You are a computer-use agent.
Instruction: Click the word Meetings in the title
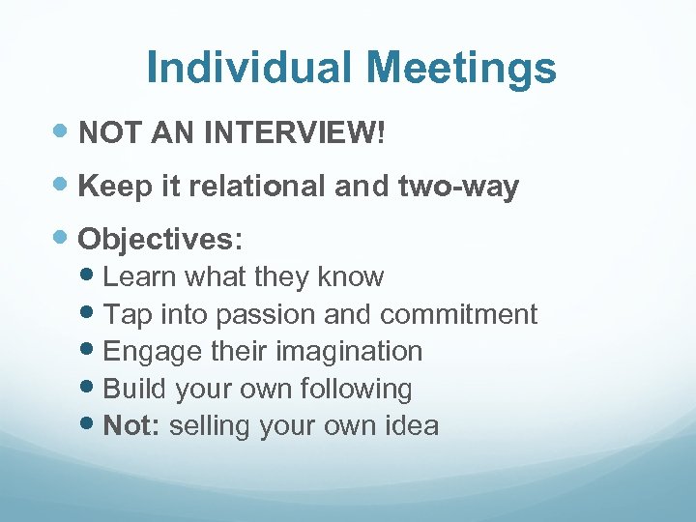click(x=461, y=68)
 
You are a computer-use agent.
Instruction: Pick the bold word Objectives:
click(x=160, y=239)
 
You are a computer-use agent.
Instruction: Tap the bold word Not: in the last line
click(x=131, y=425)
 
